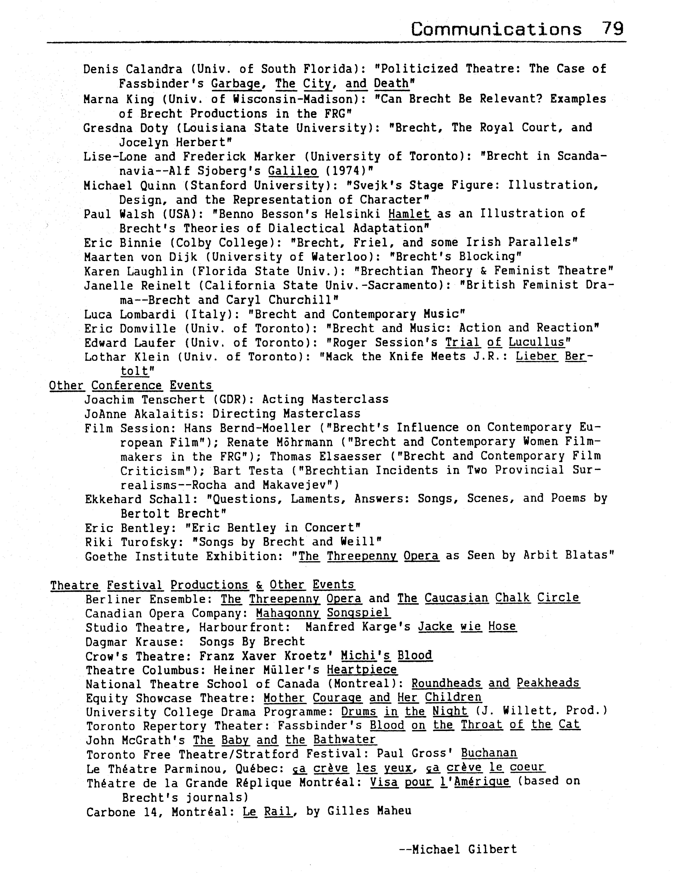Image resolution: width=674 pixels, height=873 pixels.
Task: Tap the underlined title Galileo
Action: click(293, 171)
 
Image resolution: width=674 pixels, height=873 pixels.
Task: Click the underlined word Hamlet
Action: click(409, 214)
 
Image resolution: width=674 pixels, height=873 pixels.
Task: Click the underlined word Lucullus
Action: click(537, 343)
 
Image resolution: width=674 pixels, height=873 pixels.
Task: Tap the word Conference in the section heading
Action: click(127, 385)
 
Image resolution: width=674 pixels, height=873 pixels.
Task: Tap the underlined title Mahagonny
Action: click(288, 613)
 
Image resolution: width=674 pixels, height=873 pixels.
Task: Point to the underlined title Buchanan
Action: click(489, 753)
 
